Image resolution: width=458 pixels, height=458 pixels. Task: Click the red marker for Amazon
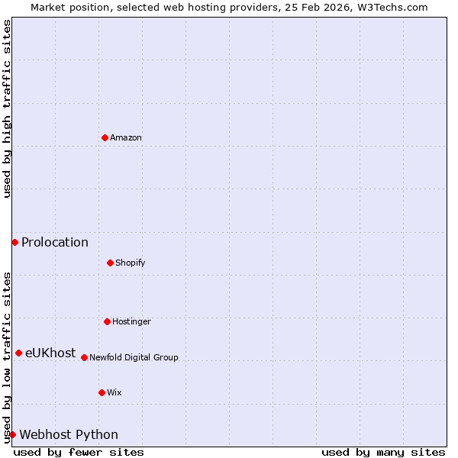pos(105,137)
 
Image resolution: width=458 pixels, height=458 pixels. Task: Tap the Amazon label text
pos(126,138)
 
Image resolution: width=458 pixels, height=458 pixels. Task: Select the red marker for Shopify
pos(110,263)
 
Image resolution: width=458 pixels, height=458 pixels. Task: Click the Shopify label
pos(131,263)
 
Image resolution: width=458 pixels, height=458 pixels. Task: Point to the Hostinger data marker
pos(107,321)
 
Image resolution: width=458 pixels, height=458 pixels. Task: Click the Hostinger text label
pos(131,322)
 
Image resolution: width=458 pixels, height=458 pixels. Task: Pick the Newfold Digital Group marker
pos(84,357)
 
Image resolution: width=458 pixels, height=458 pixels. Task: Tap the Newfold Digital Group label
pos(134,358)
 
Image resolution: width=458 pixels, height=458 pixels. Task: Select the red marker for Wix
pos(102,392)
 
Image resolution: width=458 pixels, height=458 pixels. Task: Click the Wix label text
pos(114,393)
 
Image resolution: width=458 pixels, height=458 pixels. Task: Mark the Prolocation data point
pos(15,242)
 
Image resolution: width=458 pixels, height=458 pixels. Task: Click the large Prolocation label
pos(55,243)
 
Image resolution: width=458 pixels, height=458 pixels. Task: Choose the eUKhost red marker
pos(18,353)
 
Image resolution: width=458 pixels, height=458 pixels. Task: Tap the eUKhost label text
pos(50,353)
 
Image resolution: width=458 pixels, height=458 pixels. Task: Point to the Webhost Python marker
pos(12,434)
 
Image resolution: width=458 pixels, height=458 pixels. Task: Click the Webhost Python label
pos(69,435)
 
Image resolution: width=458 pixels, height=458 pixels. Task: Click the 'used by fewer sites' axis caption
pos(79,452)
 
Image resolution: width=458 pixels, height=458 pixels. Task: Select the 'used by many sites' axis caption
pos(383,452)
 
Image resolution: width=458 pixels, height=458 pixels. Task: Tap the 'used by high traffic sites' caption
pos(7,108)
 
